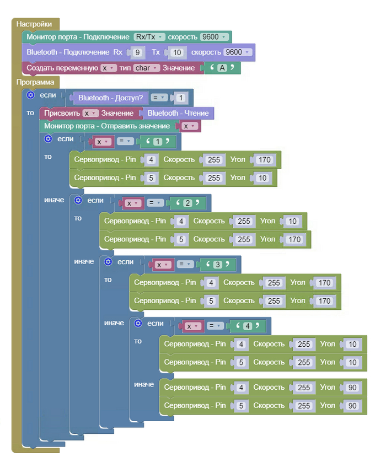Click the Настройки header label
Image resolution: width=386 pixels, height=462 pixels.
[x=34, y=24]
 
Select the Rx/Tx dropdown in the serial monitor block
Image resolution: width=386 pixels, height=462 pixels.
[x=149, y=37]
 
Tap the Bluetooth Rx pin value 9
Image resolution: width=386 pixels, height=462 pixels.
[x=138, y=52]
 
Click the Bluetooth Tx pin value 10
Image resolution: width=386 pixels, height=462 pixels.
[x=177, y=52]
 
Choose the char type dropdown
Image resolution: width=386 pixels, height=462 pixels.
[x=146, y=68]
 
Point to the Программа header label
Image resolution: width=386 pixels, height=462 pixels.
[x=35, y=83]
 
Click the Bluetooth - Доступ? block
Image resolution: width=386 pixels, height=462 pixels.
[x=110, y=98]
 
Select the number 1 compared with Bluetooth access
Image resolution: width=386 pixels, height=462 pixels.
[x=181, y=98]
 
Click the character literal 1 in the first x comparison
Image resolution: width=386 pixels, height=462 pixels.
[x=157, y=142]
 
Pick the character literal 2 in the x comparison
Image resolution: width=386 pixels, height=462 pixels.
[x=187, y=203]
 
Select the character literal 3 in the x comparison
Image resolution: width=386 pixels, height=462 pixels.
[x=217, y=265]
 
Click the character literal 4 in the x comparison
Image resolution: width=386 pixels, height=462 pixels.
[x=248, y=326]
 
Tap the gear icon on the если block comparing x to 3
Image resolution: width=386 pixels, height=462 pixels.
[x=108, y=262]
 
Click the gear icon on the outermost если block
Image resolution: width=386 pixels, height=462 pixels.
[x=31, y=95]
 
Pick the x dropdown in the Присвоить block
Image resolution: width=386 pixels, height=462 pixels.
[x=90, y=113]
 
